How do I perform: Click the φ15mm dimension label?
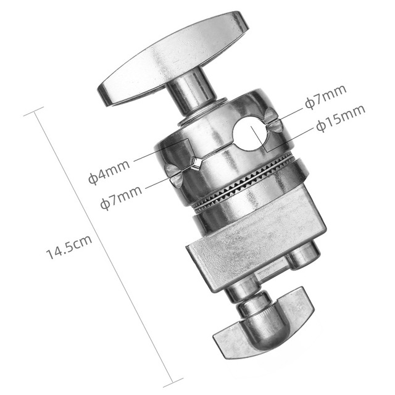[x=341, y=119]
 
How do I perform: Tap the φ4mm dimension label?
[x=109, y=172]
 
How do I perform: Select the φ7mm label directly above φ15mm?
[x=325, y=98]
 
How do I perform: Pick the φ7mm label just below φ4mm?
[x=121, y=197]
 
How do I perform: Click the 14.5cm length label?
[x=69, y=247]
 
